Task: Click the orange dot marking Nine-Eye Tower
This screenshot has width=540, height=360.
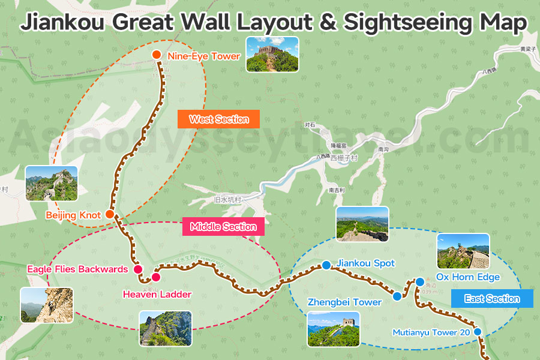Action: coord(157,55)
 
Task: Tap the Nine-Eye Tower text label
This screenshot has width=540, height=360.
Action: coord(204,56)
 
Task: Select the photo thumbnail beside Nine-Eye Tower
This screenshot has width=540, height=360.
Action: coord(272,54)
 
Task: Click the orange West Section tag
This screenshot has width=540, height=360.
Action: coord(218,119)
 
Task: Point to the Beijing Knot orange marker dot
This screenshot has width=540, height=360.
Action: coord(110,214)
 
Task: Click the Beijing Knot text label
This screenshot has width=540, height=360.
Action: coord(73,215)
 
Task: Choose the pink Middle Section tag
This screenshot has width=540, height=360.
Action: coord(223,227)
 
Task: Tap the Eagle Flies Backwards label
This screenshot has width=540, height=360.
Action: coord(77,269)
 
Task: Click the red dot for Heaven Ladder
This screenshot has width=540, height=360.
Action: coord(156,277)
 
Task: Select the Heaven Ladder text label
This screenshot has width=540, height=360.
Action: coord(157,294)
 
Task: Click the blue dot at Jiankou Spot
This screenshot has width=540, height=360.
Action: coord(326,265)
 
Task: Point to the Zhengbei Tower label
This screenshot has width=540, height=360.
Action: coord(344,302)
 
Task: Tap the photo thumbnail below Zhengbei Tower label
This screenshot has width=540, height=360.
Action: coord(334,329)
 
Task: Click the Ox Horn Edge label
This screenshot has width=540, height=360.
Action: coord(467,277)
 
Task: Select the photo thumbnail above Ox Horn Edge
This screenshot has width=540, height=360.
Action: coord(463,251)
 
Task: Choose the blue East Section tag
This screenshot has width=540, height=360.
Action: coord(492,299)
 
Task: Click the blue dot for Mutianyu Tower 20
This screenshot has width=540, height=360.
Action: coord(478,331)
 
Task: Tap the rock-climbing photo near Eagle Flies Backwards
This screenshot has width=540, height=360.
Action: coord(46,305)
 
